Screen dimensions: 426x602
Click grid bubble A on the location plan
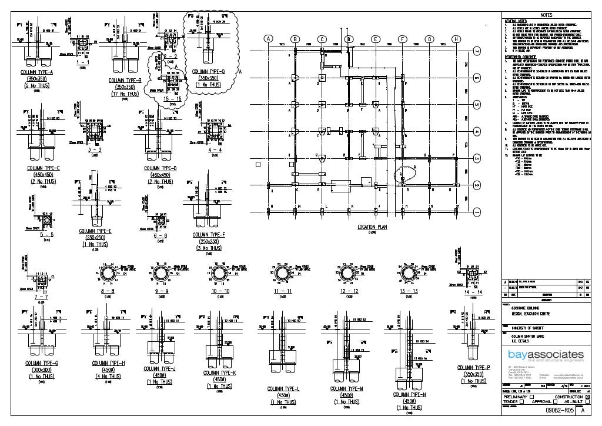(x=268, y=39)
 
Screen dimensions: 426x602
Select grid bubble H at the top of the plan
(x=456, y=39)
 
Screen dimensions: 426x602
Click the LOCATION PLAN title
(x=372, y=227)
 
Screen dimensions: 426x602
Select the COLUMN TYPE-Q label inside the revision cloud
(x=208, y=72)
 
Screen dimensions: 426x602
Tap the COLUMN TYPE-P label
(x=473, y=368)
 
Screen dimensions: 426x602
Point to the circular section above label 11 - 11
(x=283, y=274)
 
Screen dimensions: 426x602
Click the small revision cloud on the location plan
(x=404, y=172)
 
